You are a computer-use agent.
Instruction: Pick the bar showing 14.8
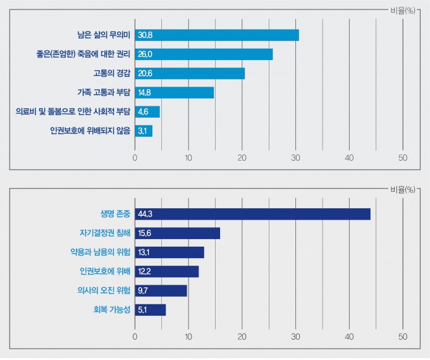point(175,92)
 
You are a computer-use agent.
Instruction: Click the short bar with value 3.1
point(144,131)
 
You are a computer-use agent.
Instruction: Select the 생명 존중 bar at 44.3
point(252,214)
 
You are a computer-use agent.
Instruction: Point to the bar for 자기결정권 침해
point(177,233)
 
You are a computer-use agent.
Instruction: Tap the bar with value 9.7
point(161,290)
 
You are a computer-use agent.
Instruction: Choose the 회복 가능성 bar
point(150,310)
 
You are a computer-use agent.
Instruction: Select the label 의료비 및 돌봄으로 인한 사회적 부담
point(73,112)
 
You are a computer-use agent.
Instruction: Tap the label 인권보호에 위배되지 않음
point(90,131)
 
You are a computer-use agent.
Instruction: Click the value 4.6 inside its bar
point(143,112)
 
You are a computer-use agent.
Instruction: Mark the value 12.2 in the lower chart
point(144,271)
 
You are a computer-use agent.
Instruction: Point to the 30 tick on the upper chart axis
point(296,158)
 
